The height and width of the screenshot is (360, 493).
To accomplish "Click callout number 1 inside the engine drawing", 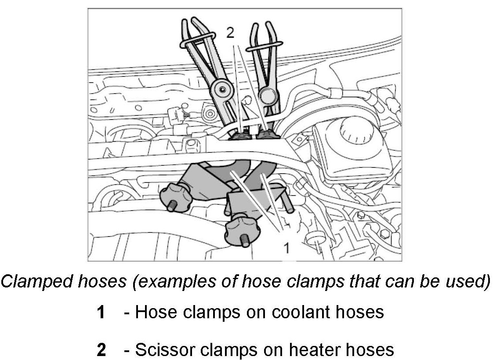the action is coord(286,248).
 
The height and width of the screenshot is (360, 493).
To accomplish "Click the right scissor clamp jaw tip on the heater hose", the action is coord(266,134).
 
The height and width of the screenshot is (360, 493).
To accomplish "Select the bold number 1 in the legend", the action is coord(101,312).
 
